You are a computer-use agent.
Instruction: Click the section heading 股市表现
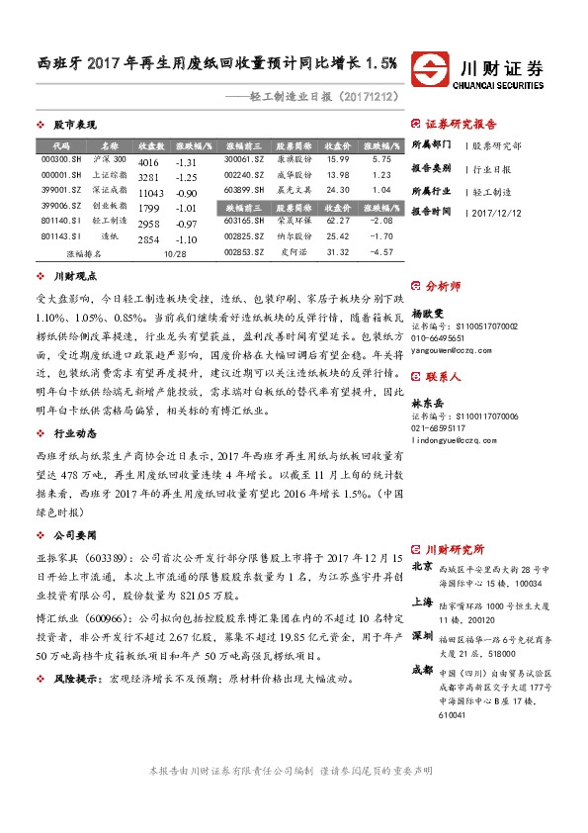tap(74, 126)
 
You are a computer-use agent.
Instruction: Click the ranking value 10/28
tap(175, 253)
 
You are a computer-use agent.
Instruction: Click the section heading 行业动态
tap(74, 433)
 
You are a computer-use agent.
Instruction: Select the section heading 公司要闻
tap(74, 534)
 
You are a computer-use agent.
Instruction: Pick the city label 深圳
tap(422, 634)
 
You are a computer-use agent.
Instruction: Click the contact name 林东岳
tap(430, 375)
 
